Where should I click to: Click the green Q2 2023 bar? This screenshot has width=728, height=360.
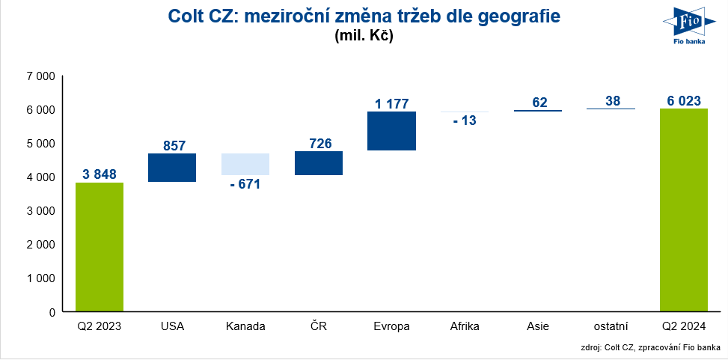[x=100, y=247]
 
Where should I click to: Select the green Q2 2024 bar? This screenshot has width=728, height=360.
[x=684, y=210]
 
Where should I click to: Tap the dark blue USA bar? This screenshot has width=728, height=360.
[x=172, y=168]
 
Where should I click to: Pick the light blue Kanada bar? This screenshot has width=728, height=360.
[x=245, y=164]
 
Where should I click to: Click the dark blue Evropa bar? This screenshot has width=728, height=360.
[x=391, y=131]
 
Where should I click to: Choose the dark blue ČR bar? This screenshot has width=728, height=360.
[x=319, y=163]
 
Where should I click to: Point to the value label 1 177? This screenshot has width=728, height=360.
[x=392, y=104]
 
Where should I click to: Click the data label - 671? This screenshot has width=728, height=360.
[x=245, y=184]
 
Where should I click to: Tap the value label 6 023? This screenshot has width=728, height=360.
[x=684, y=100]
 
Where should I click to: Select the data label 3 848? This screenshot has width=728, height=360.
[x=100, y=174]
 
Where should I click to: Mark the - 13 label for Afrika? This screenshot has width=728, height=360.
[x=465, y=120]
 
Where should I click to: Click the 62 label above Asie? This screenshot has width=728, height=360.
[x=538, y=101]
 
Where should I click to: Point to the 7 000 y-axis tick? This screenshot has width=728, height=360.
[x=40, y=76]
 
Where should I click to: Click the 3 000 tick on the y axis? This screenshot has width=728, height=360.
[x=40, y=211]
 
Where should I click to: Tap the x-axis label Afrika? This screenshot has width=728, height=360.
[x=465, y=326]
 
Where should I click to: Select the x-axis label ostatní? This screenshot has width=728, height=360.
[x=611, y=326]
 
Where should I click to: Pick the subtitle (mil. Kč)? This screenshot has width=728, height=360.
[x=364, y=35]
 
